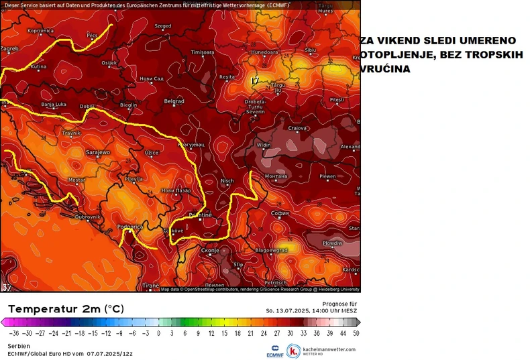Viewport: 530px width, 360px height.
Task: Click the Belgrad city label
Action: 174,101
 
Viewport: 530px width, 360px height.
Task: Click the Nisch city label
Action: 227,180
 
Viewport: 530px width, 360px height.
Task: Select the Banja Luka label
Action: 53,105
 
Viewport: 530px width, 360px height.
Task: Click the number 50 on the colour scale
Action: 355,333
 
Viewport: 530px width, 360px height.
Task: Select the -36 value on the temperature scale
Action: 13,333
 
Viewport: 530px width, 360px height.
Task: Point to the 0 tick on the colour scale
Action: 158,333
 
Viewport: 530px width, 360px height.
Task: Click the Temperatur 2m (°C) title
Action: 66,309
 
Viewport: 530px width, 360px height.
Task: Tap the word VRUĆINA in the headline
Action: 385,69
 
